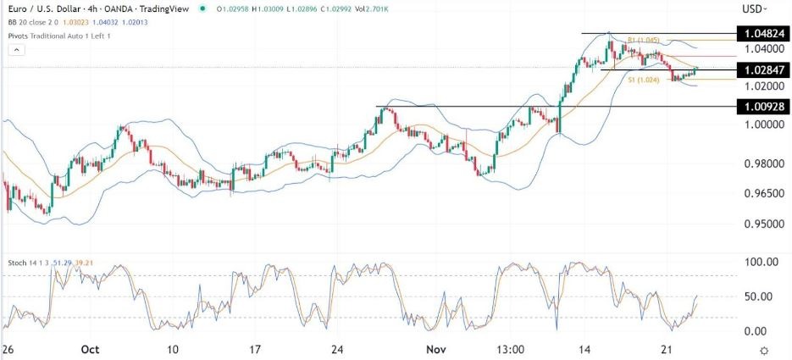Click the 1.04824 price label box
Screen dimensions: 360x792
pos(762,34)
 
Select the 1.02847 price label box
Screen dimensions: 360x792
pos(762,69)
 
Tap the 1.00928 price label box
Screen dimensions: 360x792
pos(762,107)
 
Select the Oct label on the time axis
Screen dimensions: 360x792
pos(90,349)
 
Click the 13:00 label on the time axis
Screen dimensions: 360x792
pos(511,349)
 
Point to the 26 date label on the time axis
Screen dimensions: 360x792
pos(7,349)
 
